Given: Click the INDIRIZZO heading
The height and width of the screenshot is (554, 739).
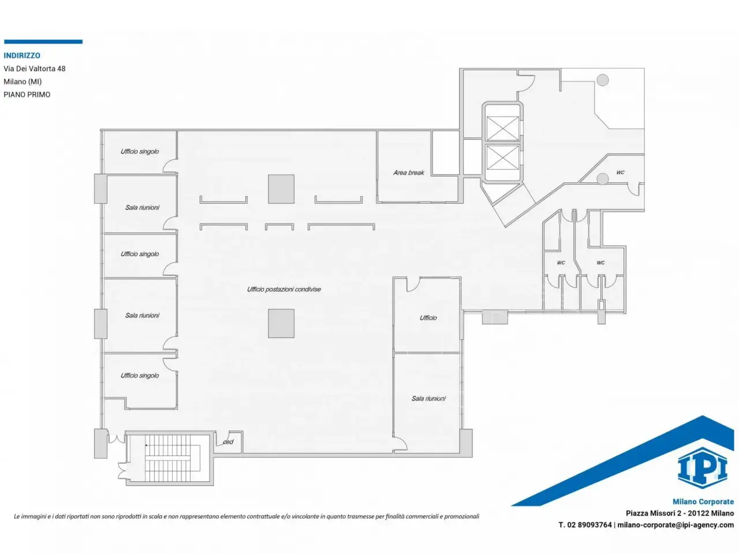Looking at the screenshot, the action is (22, 55).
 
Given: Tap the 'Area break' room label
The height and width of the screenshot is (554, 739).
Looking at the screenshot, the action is (408, 173).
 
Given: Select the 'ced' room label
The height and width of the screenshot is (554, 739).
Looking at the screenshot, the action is (228, 441).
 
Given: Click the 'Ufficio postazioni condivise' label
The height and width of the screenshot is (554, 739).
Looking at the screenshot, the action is (284, 289).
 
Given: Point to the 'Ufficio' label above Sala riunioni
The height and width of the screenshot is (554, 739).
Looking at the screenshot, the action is (428, 318).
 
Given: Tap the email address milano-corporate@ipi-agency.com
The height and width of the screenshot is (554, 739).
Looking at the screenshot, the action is (675, 525).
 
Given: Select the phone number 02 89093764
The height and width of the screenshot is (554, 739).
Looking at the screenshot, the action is (589, 525).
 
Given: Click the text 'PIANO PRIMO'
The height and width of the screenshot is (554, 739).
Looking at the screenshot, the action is (27, 95).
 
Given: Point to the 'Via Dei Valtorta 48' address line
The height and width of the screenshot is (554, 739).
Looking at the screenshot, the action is (34, 69).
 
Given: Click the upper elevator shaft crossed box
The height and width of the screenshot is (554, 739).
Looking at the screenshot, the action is (502, 129).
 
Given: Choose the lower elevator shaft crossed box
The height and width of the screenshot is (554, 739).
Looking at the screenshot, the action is (502, 158).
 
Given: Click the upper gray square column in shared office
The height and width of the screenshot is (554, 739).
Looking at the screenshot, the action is (281, 189).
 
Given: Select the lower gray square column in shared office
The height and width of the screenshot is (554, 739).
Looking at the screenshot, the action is (281, 324).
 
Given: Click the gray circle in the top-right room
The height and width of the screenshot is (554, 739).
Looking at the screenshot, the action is (603, 80).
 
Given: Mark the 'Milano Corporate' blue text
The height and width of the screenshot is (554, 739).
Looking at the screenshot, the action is (703, 501).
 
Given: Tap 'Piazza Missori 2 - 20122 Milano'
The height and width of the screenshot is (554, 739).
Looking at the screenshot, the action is (680, 513).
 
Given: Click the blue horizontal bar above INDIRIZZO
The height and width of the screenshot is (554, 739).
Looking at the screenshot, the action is (43, 42).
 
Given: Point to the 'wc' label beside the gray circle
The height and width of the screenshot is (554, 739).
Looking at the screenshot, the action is (620, 172).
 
